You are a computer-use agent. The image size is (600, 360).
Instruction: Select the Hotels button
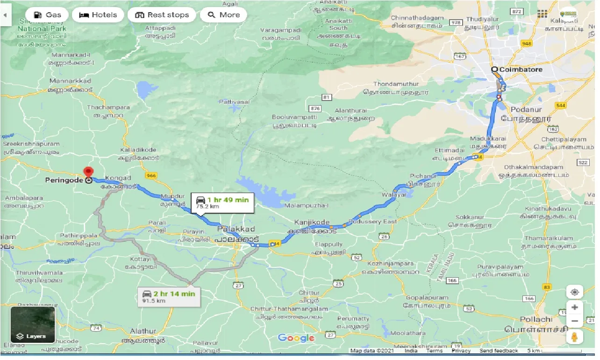pyautogui.click(x=98, y=15)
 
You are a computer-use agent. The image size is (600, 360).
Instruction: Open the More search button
pyautogui.click(x=223, y=15)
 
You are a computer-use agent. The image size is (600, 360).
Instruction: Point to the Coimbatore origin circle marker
pyautogui.click(x=494, y=70)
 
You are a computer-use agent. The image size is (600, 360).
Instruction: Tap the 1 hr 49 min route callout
pyautogui.click(x=222, y=202)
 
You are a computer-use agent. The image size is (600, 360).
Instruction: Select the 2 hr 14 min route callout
pyautogui.click(x=169, y=296)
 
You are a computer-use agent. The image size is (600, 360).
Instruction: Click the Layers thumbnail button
pyautogui.click(x=33, y=324)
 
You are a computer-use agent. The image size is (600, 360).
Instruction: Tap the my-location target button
pyautogui.click(x=574, y=292)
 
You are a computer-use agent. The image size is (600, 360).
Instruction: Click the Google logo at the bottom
pyautogui.click(x=296, y=338)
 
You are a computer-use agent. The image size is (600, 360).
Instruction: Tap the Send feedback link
pyautogui.click(x=499, y=351)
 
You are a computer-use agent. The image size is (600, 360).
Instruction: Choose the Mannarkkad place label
pyautogui.click(x=70, y=80)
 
